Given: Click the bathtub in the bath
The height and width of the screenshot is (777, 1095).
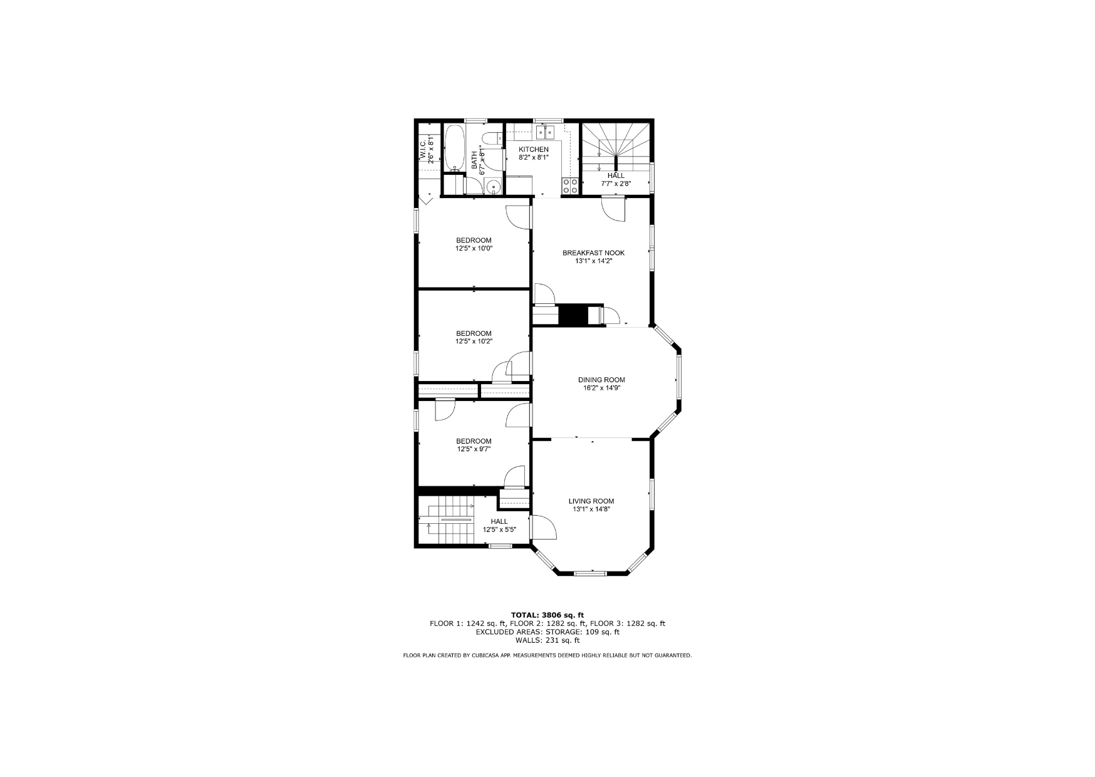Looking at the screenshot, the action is [x=454, y=148].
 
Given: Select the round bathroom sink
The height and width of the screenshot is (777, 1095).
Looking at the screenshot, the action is [x=493, y=186].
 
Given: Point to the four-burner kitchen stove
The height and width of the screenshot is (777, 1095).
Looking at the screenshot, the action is [x=570, y=185].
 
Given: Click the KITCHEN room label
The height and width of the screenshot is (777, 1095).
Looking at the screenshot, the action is [x=534, y=149].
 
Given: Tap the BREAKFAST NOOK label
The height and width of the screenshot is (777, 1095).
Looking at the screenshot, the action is [x=593, y=253].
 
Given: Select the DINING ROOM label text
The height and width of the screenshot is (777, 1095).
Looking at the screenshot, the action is [x=601, y=380].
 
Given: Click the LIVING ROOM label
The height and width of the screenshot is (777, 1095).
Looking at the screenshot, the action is [x=591, y=501].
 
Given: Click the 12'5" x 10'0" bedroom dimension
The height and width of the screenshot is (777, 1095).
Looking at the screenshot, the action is [x=474, y=248].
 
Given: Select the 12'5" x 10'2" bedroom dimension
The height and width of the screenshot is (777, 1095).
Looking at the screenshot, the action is [x=474, y=342].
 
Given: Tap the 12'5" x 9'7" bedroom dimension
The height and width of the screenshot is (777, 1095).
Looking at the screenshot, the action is [x=474, y=449].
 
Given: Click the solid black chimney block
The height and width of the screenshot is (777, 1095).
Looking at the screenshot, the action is [x=573, y=315].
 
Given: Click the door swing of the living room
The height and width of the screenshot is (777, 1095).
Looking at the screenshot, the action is [x=544, y=527].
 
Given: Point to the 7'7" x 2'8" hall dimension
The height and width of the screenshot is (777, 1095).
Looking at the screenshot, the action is [x=616, y=184].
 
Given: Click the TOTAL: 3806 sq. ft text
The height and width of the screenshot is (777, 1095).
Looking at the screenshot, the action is [x=547, y=615].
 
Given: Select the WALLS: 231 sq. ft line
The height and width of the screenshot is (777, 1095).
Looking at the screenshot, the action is [x=547, y=640].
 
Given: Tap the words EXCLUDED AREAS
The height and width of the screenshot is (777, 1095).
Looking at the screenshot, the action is [x=502, y=632].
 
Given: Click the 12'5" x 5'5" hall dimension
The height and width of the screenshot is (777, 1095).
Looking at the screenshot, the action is [x=499, y=529].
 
